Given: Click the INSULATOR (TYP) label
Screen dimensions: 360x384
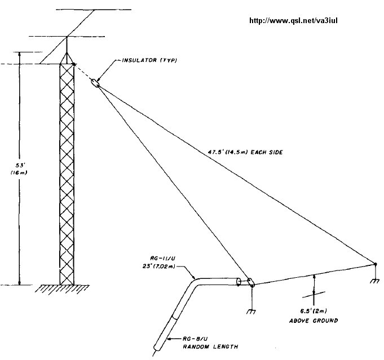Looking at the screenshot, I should coord(149,60).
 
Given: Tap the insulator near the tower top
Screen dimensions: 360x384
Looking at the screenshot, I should coord(95,83).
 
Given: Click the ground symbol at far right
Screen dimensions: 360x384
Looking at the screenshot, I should coord(375,281).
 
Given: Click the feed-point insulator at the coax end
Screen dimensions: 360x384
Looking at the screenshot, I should coord(250,284).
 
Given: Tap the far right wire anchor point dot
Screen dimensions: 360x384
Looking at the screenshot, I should coord(374,264).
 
